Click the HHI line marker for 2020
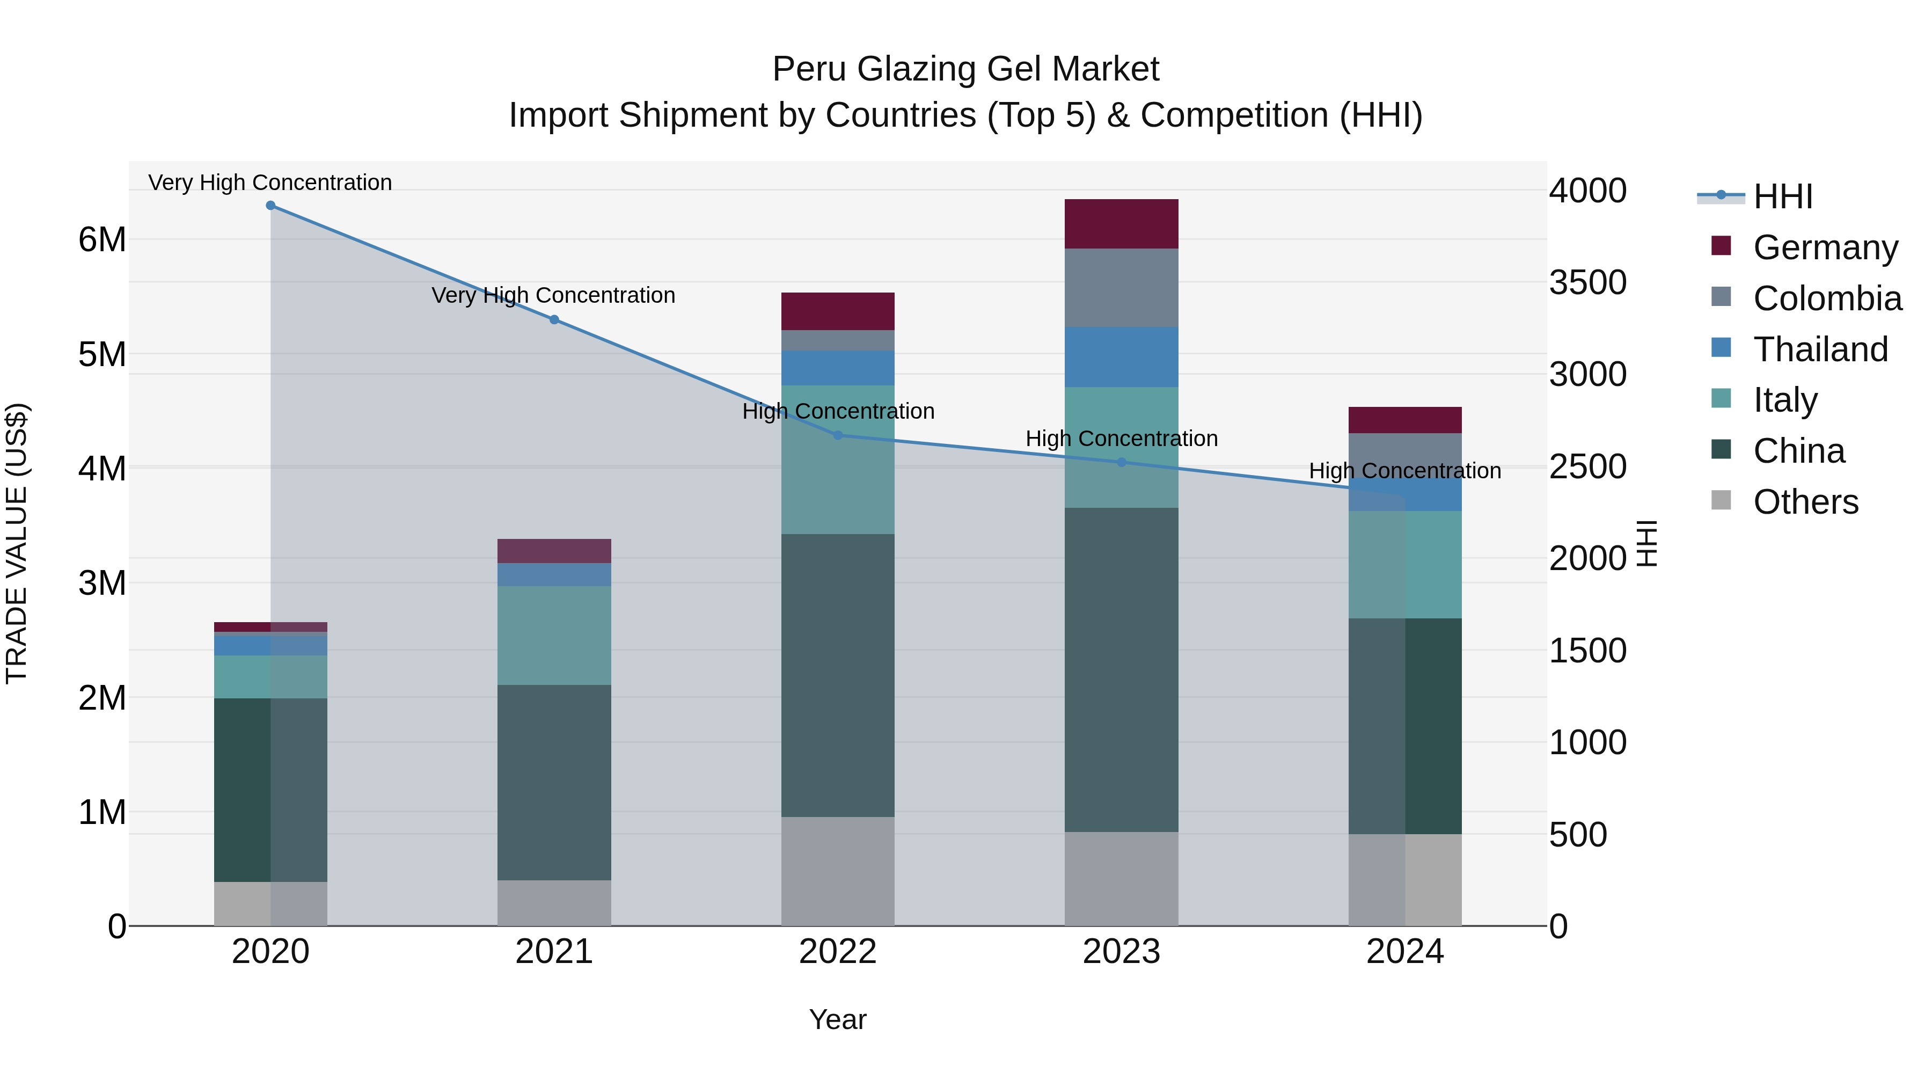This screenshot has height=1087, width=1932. coord(271,206)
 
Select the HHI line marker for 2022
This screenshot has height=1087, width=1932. coord(838,435)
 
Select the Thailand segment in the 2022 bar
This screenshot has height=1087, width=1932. coord(838,368)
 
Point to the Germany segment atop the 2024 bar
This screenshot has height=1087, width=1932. coord(1405,420)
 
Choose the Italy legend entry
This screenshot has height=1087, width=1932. coord(1784,400)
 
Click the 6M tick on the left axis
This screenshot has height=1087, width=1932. coord(103,240)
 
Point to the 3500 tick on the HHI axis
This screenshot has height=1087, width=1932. coord(1588,283)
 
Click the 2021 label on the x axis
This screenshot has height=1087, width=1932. coord(554,952)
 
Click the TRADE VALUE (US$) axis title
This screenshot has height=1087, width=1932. coord(17,543)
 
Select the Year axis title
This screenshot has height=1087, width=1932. coord(838,1019)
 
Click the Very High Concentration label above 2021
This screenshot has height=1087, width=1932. coord(553,296)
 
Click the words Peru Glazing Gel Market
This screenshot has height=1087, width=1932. coord(965,69)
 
